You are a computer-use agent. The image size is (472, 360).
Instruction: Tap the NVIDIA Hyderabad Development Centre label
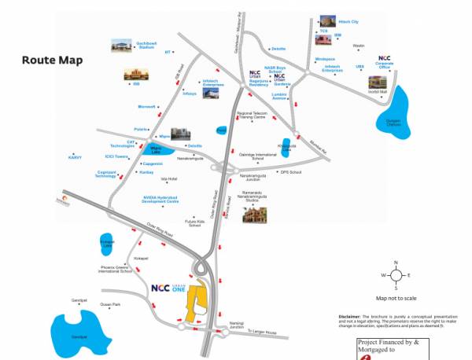coord(161,200)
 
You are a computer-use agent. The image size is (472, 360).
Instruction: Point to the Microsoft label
coord(147,105)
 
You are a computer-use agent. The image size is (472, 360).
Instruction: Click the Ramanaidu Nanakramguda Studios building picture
coord(255,215)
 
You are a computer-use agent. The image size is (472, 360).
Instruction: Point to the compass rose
coord(396,275)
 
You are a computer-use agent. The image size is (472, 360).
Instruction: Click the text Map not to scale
coord(396,298)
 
